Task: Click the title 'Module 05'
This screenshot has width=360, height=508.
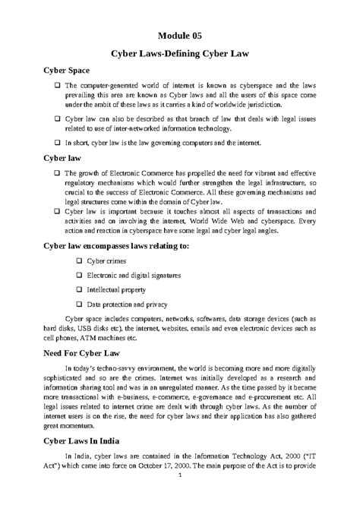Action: [x=180, y=35]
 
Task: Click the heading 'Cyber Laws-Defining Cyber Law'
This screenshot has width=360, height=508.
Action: [x=180, y=55]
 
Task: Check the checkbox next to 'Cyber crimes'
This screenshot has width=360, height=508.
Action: [x=80, y=262]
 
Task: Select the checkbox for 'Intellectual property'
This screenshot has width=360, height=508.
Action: [x=80, y=290]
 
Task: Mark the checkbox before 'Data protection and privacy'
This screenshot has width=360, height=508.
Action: [x=80, y=304]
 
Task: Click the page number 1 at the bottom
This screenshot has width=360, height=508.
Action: [x=180, y=497]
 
